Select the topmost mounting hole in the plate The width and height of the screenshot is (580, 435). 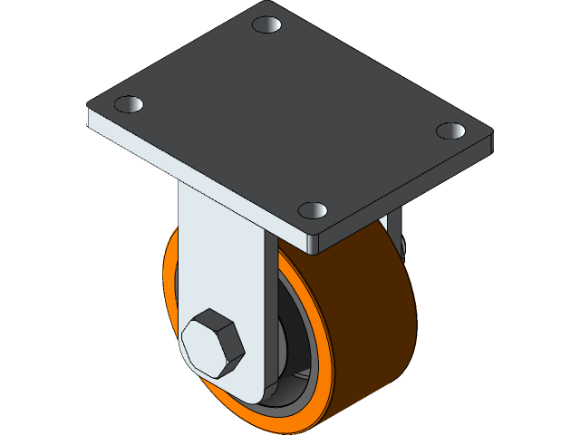266,24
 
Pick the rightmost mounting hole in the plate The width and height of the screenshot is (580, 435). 450,130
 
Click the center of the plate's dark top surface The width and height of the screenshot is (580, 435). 290,118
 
